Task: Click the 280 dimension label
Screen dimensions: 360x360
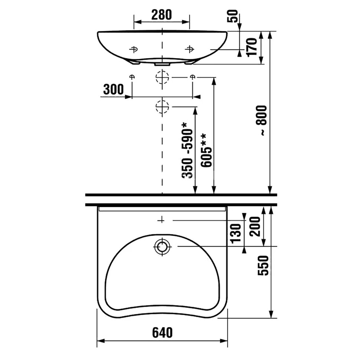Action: (161, 15)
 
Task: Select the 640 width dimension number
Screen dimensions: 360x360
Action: (162, 333)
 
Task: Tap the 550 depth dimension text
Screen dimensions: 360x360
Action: (263, 265)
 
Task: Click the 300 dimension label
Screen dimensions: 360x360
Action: (114, 89)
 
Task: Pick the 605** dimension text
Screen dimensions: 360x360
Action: (206, 151)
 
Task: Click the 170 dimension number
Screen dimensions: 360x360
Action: (252, 47)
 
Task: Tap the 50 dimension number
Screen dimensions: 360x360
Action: (233, 16)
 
